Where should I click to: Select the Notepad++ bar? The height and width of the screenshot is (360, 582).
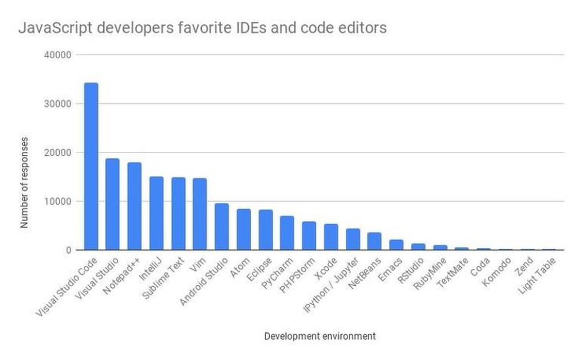pyautogui.click(x=134, y=206)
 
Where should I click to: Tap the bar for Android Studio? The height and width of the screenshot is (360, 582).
pyautogui.click(x=222, y=227)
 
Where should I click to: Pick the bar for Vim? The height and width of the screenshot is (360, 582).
pyautogui.click(x=200, y=214)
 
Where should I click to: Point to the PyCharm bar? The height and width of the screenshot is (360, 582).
pyautogui.click(x=287, y=233)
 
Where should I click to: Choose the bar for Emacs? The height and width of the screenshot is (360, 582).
pyautogui.click(x=396, y=245)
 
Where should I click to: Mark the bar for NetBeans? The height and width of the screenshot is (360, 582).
pyautogui.click(x=374, y=241)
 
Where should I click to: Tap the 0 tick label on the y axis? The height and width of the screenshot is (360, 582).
pyautogui.click(x=69, y=250)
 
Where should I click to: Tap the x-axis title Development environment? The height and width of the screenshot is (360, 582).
pyautogui.click(x=320, y=336)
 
